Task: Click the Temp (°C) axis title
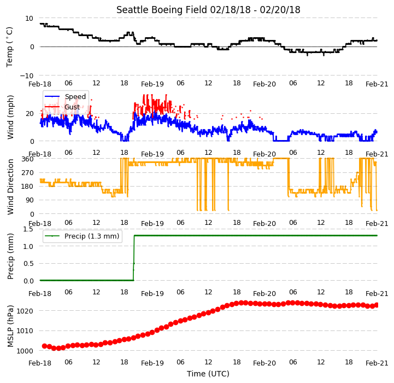[9, 47]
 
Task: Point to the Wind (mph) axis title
[10, 117]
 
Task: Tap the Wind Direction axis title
[10, 187]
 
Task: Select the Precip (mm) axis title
[10, 256]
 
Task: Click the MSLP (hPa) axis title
[10, 326]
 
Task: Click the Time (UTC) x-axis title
[208, 374]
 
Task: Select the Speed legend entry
[65, 97]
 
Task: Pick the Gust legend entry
[62, 107]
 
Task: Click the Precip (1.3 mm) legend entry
[81, 236]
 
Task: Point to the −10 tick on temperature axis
[27, 76]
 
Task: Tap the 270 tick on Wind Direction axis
[28, 173]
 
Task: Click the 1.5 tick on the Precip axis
[28, 229]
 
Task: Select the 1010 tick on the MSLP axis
[25, 330]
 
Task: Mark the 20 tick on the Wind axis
[30, 113]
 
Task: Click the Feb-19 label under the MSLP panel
[152, 363]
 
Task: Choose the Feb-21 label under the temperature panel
[377, 84]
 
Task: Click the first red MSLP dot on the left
[44, 346]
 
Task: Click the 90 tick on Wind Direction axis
[30, 200]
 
